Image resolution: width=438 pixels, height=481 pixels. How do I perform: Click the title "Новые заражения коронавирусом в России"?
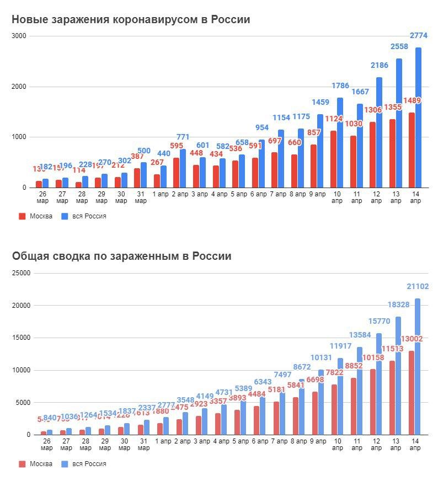(x=131, y=20)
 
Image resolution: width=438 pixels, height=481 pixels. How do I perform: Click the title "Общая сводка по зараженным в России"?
(x=122, y=256)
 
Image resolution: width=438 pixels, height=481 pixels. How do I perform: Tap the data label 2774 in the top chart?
(x=419, y=36)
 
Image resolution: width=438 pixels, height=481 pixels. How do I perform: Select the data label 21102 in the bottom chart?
(x=418, y=286)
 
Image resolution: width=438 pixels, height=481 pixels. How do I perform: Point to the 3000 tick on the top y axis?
(x=20, y=36)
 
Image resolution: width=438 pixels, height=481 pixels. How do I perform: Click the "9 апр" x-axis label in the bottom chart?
(x=317, y=441)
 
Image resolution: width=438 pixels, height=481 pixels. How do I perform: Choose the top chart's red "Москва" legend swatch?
(x=23, y=216)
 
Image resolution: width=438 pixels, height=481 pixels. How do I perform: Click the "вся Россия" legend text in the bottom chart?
(x=89, y=464)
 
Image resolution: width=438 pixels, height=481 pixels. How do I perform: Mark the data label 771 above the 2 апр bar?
(x=184, y=136)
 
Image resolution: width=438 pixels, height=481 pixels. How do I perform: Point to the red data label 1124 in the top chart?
(x=333, y=119)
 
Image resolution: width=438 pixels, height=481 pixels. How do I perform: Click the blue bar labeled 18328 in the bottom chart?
(x=398, y=375)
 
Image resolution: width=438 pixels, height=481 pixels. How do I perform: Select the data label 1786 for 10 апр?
(x=340, y=85)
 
